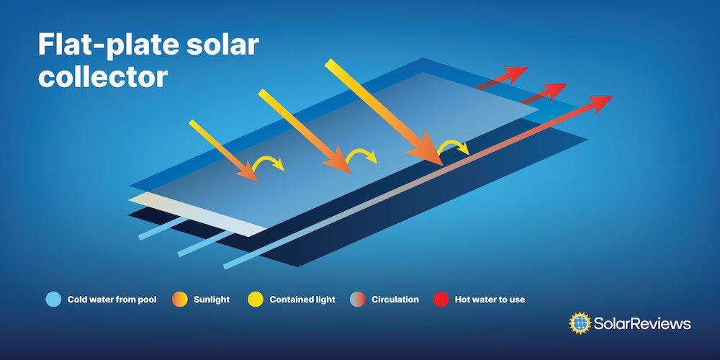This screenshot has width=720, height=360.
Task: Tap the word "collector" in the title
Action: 102,76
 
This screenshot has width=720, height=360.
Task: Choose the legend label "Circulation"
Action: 395,300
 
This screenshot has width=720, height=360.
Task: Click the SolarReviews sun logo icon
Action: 579,323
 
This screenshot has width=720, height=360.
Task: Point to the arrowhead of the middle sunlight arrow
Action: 339,163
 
